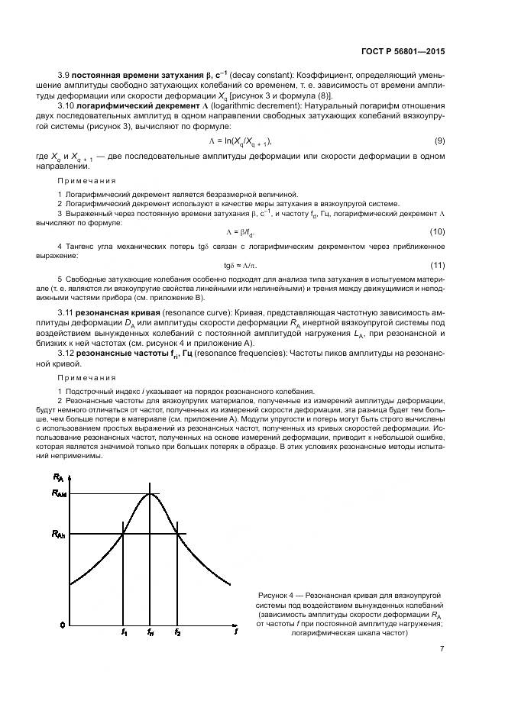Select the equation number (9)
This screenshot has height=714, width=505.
pyautogui.click(x=439, y=141)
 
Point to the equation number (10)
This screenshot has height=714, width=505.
pyautogui.click(x=438, y=231)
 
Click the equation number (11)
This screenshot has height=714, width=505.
pyautogui.click(x=438, y=265)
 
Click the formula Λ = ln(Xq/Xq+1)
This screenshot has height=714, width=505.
pyautogui.click(x=240, y=141)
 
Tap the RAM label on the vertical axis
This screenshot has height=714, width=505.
pyautogui.click(x=60, y=494)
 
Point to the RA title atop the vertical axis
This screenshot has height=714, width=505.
pyautogui.click(x=59, y=477)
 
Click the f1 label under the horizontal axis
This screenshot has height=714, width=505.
pyautogui.click(x=124, y=633)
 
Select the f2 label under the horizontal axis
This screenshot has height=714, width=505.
pyautogui.click(x=178, y=633)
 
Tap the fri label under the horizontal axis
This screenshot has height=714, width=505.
pyautogui.click(x=151, y=633)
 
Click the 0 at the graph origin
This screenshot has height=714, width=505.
pyautogui.click(x=63, y=625)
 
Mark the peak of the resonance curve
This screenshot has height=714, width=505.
pyautogui.click(x=151, y=493)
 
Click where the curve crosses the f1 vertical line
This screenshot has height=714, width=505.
pyautogui.click(x=124, y=533)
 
